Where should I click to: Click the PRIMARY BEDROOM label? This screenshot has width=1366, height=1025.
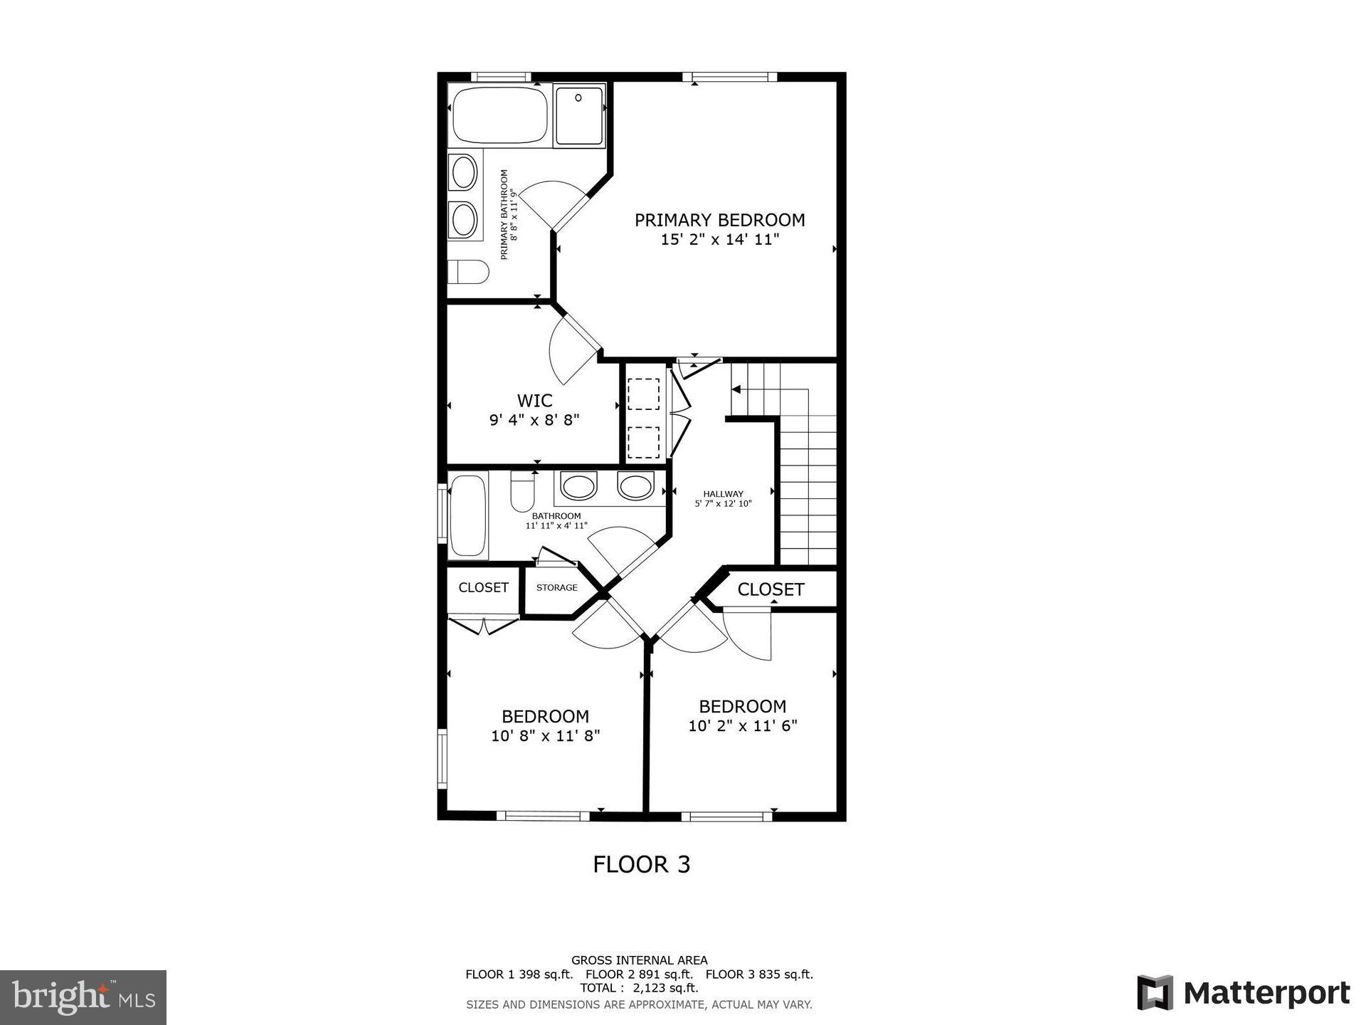(x=719, y=220)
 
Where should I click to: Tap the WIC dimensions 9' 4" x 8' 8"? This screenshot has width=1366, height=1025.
(x=534, y=420)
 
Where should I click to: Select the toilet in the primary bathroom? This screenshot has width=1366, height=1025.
(x=467, y=271)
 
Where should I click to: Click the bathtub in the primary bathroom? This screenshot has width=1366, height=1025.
(x=499, y=115)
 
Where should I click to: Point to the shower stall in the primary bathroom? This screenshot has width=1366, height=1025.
(x=579, y=115)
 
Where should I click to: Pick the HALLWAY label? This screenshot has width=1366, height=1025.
(x=723, y=493)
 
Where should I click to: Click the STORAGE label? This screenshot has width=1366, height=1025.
(x=556, y=587)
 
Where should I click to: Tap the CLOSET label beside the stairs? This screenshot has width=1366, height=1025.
(x=771, y=589)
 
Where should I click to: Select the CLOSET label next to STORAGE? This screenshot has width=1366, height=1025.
(x=483, y=587)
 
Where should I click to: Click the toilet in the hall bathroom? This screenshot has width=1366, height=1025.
(x=522, y=492)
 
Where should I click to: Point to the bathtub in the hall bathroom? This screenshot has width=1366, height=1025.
(x=468, y=516)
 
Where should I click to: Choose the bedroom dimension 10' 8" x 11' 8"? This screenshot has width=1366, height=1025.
(x=545, y=736)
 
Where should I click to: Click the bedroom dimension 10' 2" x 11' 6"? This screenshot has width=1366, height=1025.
(x=742, y=726)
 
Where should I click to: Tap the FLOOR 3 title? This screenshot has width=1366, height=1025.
(x=642, y=864)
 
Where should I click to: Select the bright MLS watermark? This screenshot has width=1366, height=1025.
(x=83, y=997)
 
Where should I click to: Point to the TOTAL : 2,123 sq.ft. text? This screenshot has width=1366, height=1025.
(x=639, y=988)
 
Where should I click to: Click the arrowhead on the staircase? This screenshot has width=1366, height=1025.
(x=736, y=389)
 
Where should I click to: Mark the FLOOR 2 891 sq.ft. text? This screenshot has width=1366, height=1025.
(x=639, y=974)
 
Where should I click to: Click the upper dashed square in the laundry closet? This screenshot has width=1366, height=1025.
(x=643, y=394)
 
